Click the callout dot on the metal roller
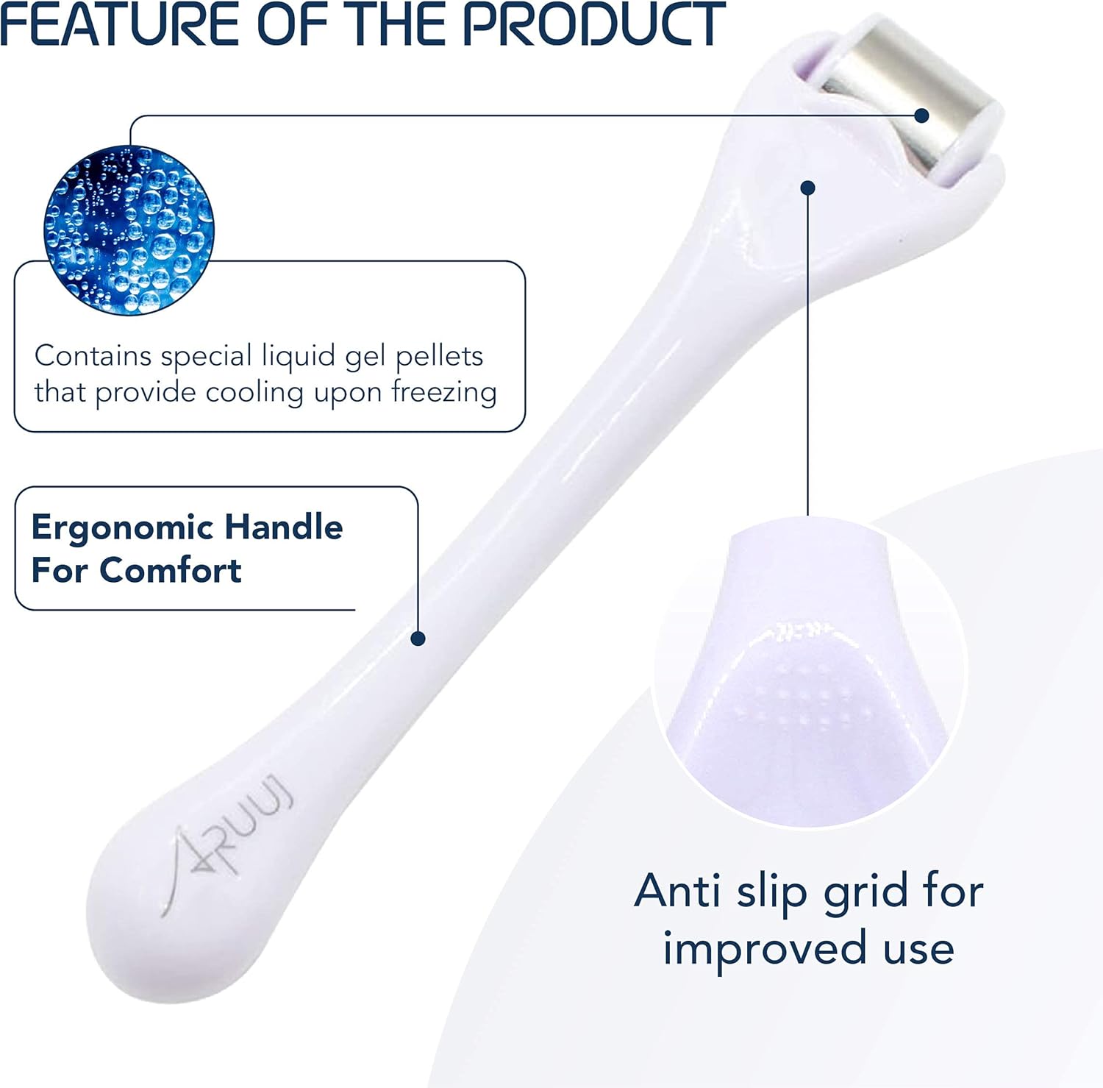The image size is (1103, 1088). click(x=922, y=115)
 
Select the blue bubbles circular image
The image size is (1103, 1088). click(x=129, y=230)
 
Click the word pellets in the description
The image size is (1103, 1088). click(x=439, y=356)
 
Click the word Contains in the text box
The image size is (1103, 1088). click(x=93, y=356)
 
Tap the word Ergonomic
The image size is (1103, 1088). click(x=122, y=528)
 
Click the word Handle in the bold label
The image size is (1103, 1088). click(x=283, y=527)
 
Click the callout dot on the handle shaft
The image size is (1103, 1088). click(x=418, y=639)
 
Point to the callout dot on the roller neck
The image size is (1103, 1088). click(x=808, y=188)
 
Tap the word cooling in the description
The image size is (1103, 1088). click(x=254, y=392)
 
